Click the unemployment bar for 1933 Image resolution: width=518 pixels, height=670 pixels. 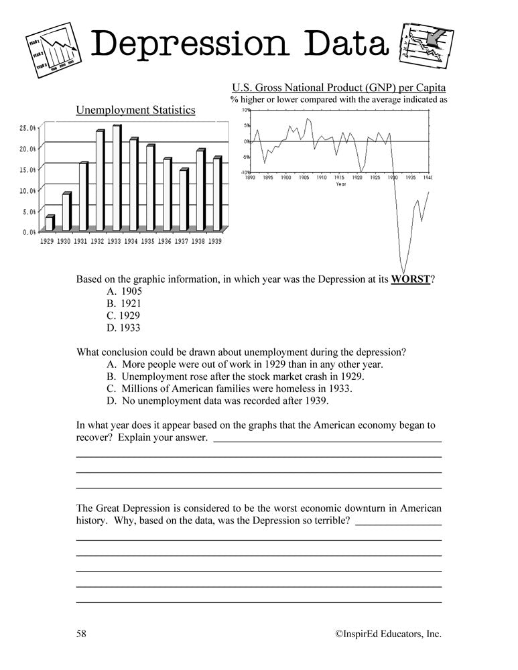pos(117,177)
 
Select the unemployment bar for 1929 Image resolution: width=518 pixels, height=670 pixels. pos(49,223)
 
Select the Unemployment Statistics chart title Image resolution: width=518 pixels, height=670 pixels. pos(135,110)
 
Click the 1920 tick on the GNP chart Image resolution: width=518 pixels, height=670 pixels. pos(357,178)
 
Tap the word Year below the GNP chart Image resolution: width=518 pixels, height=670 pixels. pos(340,184)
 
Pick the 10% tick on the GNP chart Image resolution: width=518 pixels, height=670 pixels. pos(245,110)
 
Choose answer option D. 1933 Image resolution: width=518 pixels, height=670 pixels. pos(124,328)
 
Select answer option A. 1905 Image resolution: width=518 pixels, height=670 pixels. pos(124,291)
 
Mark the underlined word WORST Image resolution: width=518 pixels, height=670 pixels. pos(410,279)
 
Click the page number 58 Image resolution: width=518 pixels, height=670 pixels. pos(82,633)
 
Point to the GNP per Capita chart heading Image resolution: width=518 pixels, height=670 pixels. pos(338,88)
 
